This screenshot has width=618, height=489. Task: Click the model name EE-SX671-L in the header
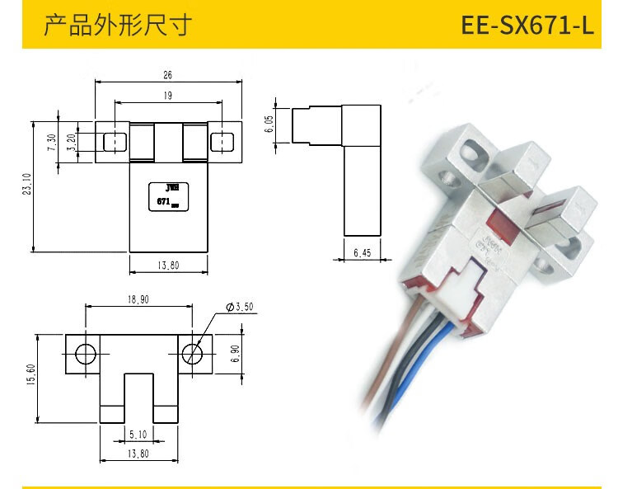(x=527, y=25)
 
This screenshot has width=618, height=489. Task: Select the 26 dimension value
(x=167, y=74)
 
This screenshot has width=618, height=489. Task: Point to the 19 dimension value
(x=167, y=96)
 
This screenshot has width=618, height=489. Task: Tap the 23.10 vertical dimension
(x=27, y=189)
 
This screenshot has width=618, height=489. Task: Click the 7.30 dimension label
(x=52, y=143)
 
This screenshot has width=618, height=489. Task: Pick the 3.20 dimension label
(x=72, y=142)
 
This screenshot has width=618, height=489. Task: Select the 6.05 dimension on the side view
(x=269, y=125)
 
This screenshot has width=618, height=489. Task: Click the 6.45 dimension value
(x=363, y=253)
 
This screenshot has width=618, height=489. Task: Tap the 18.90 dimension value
(x=138, y=300)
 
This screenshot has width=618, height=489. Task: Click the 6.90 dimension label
(x=234, y=354)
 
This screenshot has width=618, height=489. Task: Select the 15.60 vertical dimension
(x=31, y=379)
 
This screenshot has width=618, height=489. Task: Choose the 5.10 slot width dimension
(x=138, y=434)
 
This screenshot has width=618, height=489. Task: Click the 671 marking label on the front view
(x=163, y=200)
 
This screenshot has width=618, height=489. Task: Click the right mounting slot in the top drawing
(x=220, y=143)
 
